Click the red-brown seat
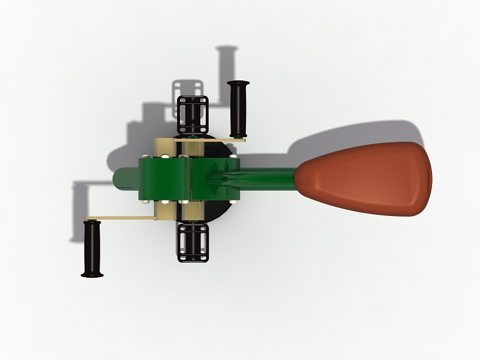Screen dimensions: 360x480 (x=366, y=178)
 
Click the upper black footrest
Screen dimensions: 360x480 (x=192, y=114)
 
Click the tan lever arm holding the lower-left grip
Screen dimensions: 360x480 (x=117, y=217)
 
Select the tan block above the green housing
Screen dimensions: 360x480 (x=165, y=147)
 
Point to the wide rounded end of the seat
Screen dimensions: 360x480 (x=423, y=178)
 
